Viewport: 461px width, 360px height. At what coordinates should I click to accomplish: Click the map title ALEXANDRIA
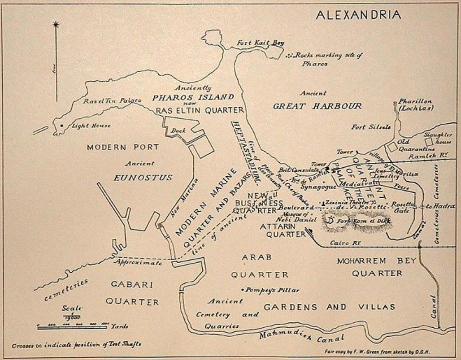click(358, 15)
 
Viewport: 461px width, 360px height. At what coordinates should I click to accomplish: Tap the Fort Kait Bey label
click(260, 43)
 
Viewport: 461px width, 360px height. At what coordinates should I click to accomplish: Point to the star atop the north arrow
click(56, 24)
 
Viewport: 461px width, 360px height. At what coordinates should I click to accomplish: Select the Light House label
click(91, 126)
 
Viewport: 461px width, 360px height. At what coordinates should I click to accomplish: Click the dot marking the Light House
click(62, 126)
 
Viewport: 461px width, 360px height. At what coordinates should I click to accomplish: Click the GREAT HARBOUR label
click(317, 106)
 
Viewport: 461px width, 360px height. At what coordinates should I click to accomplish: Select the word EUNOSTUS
click(143, 178)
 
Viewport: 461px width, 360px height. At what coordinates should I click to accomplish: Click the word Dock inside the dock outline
click(178, 130)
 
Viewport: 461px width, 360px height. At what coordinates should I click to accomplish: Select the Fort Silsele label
click(371, 127)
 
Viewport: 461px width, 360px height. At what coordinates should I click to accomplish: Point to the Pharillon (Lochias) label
click(414, 105)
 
